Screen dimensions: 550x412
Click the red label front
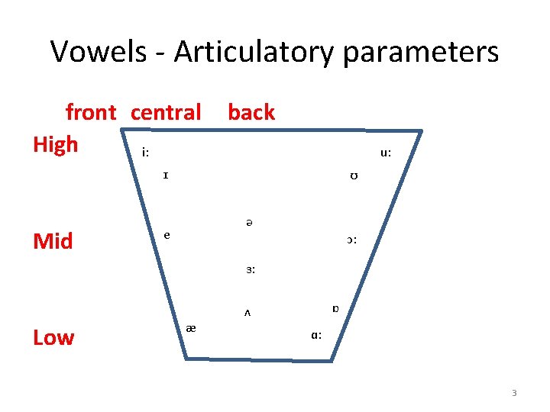click(x=91, y=113)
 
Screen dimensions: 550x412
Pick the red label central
click(x=166, y=113)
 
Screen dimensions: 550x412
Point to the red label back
click(x=251, y=113)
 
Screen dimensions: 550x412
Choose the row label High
click(x=56, y=144)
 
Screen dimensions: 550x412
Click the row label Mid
click(x=53, y=242)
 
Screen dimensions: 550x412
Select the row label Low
click(x=53, y=337)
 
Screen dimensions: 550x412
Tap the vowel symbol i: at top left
click(x=145, y=153)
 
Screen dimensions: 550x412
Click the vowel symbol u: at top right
click(x=386, y=153)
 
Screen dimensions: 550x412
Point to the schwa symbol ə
click(x=250, y=222)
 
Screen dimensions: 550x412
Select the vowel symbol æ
click(x=191, y=328)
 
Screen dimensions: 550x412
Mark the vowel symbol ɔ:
click(x=351, y=240)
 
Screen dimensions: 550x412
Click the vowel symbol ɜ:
click(x=251, y=269)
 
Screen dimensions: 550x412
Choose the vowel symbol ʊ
click(x=354, y=177)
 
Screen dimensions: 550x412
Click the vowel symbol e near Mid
click(x=167, y=235)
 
